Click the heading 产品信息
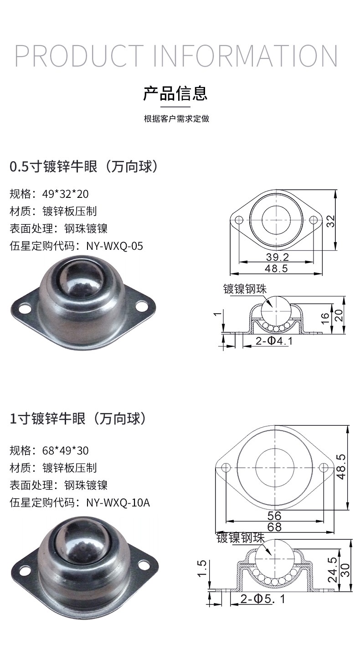point(175,93)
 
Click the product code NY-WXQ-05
point(115,246)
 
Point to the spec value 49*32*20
point(66,194)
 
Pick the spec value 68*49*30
point(66,450)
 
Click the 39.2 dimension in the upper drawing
point(277,257)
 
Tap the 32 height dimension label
point(331,221)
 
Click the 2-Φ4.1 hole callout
point(274,341)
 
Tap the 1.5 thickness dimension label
point(202,568)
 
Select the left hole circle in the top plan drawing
point(239,220)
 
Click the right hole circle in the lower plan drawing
point(324,467)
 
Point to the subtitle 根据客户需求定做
point(176,119)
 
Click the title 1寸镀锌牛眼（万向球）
point(78,419)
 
